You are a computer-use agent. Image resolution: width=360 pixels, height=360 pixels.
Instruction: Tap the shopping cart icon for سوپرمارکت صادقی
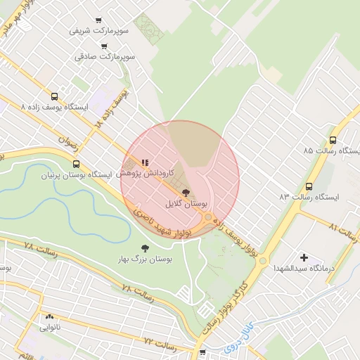click(104, 46)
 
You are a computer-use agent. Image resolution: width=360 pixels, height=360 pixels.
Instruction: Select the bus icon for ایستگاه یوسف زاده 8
click(55, 97)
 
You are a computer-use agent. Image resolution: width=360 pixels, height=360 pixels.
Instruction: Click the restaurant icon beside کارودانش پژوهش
click(145, 162)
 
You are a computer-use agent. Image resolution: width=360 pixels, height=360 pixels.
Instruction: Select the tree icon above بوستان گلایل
click(186, 192)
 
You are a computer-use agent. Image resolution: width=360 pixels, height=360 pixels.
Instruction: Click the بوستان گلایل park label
click(186, 202)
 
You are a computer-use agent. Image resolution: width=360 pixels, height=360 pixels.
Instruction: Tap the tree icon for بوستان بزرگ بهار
click(145, 248)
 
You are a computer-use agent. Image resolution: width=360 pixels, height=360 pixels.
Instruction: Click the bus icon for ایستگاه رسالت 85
click(333, 140)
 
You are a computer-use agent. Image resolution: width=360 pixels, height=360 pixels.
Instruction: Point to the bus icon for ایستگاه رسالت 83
click(309, 186)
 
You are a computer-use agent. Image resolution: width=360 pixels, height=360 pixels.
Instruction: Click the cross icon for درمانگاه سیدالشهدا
click(304, 258)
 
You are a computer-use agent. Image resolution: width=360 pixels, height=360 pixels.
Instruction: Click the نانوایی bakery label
click(50, 327)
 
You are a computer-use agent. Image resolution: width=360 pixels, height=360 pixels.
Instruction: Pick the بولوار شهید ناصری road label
click(159, 222)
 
